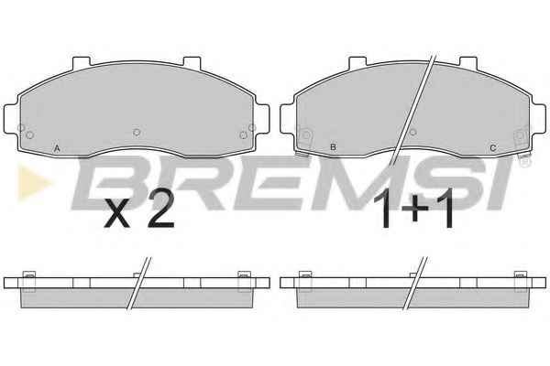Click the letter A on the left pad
57,148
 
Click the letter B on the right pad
334,147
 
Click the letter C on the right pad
493,148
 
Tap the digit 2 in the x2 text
160,210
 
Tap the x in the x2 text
116,215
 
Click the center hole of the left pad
137,132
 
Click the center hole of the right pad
413,132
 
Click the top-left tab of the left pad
82,62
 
